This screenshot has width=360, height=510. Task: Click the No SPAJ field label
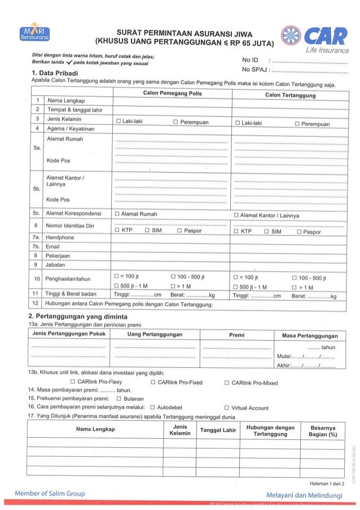tap(255, 70)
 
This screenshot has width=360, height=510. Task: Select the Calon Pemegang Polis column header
tap(172, 92)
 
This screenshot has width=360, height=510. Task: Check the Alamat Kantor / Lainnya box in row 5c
tap(236, 215)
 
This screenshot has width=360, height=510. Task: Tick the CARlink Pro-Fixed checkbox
tap(153, 382)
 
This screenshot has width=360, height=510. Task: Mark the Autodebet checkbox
tap(152, 407)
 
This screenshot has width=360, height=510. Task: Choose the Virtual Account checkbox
tap(226, 407)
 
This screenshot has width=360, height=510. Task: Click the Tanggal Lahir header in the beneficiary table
tap(217, 430)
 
